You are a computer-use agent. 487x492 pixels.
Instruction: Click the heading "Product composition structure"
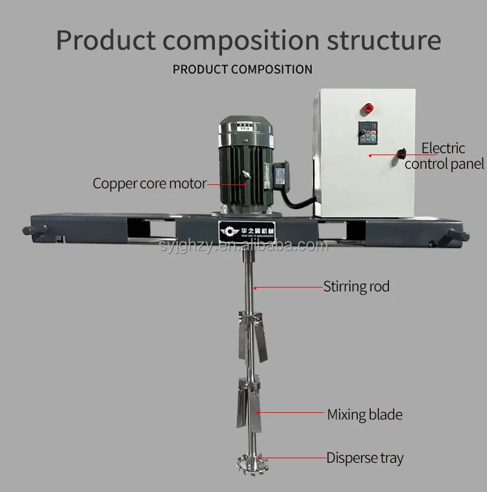pos(248,40)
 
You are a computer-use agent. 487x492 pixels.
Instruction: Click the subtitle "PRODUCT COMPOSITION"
pos(242,69)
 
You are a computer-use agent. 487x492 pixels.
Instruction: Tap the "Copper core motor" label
pos(149,183)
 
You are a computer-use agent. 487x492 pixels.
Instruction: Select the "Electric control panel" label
pos(444,156)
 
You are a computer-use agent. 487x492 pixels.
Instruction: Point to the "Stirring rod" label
pos(356,286)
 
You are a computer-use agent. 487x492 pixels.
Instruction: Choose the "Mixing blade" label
pos(364,414)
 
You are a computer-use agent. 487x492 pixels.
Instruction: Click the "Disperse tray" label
pos(364,458)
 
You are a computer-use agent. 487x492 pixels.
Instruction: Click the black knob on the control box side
pos(401,153)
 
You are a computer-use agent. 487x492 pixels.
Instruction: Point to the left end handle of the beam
pos(34,229)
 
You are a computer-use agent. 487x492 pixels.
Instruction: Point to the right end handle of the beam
pos(453,236)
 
